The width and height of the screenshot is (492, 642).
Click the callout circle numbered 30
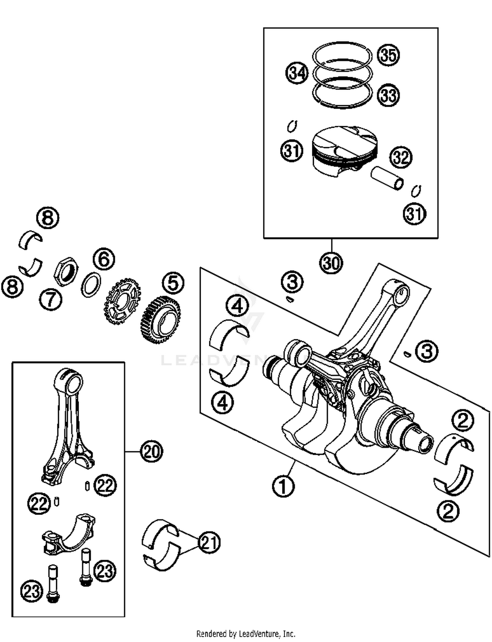(x=331, y=263)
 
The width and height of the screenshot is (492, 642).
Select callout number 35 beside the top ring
(x=388, y=55)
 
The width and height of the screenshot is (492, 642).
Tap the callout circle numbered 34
(x=297, y=73)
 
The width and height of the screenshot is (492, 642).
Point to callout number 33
(x=388, y=95)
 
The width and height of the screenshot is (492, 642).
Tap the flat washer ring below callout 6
(x=91, y=285)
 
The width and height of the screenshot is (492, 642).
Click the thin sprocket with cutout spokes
(x=122, y=301)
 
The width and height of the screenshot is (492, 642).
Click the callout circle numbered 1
(x=283, y=486)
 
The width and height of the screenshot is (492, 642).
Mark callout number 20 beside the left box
(x=151, y=452)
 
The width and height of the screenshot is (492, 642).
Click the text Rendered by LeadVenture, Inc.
(x=246, y=633)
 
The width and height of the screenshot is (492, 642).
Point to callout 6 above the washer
(x=104, y=259)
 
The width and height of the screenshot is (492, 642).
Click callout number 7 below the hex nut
(x=51, y=299)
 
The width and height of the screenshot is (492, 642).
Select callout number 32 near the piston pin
(x=401, y=157)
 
